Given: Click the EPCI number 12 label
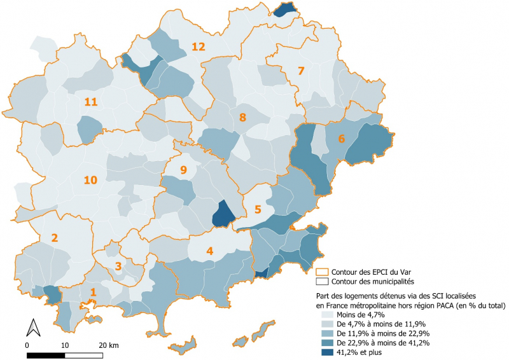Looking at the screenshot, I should [x=199, y=46].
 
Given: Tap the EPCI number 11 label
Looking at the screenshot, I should [x=90, y=102].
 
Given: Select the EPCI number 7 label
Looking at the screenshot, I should [x=301, y=71].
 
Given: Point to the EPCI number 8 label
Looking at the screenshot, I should [x=242, y=117].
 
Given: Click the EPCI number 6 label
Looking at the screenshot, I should [x=342, y=139].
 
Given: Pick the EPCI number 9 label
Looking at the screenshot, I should [x=183, y=170].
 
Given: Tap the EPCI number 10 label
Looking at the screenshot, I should [x=90, y=180].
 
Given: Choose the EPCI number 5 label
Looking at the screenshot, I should [x=258, y=209].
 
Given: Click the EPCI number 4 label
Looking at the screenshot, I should [x=209, y=251].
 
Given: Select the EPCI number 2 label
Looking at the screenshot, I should [x=55, y=238].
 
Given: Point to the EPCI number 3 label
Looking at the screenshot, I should [x=118, y=265].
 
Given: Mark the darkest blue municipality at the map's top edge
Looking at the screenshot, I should [x=286, y=9].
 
